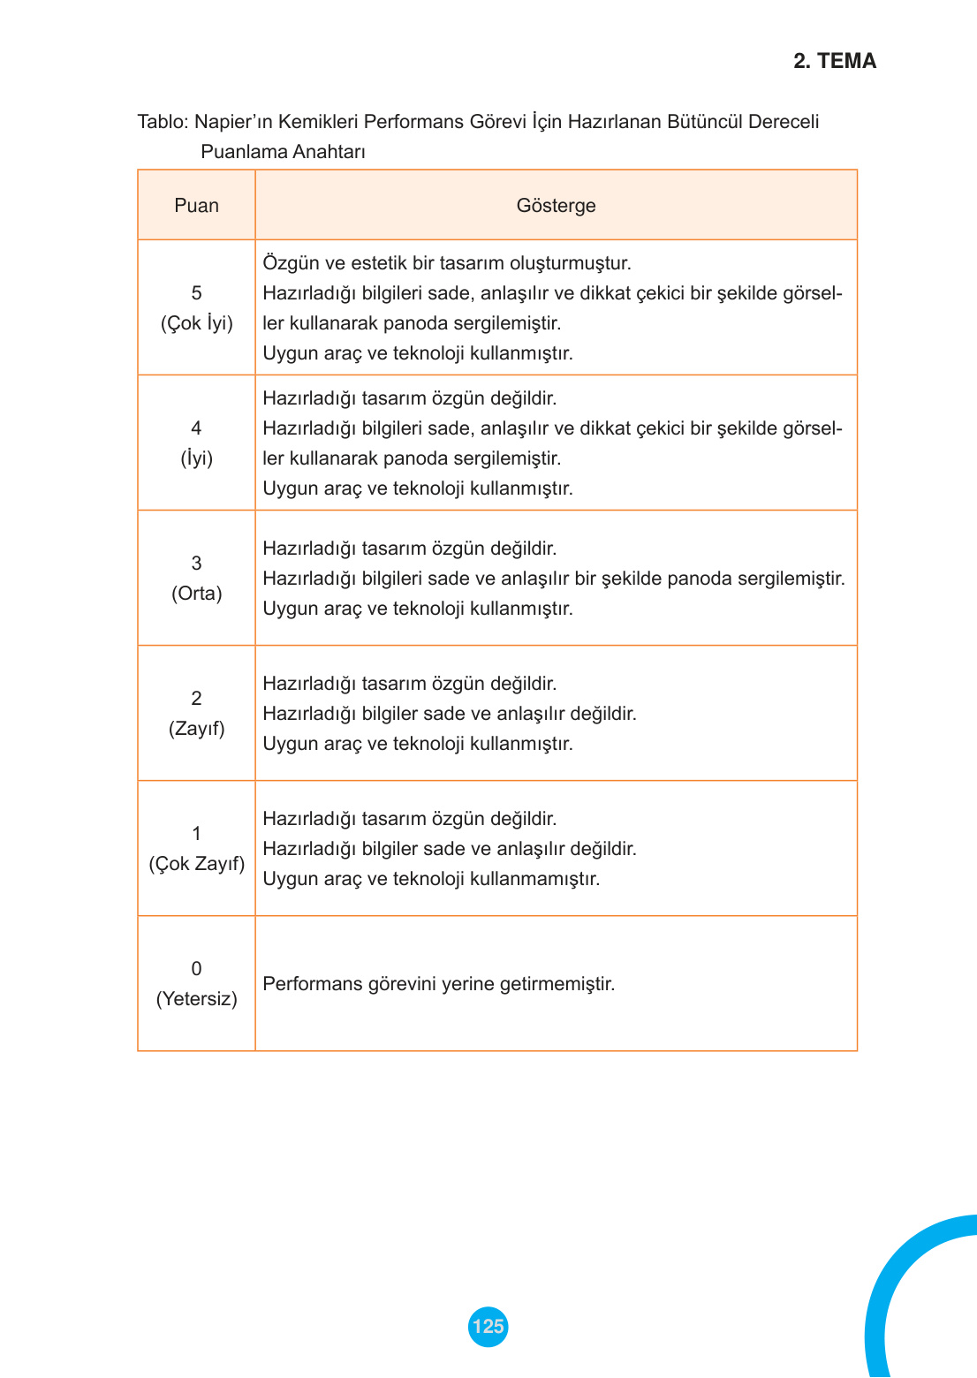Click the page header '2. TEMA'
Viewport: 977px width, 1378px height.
pos(834,61)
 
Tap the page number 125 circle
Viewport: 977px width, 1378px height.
pos(488,1326)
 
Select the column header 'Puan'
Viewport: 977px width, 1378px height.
pos(196,206)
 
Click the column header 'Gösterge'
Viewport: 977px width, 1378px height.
pos(556,206)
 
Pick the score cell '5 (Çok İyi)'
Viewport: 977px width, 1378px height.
pos(196,308)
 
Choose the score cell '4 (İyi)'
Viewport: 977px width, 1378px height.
pos(196,443)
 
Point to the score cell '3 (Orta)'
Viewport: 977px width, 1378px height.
pos(196,579)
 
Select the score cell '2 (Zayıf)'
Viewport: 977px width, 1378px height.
pos(196,714)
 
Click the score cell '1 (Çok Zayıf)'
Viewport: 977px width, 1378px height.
pos(196,849)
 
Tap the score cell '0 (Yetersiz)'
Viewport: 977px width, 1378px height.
pos(196,984)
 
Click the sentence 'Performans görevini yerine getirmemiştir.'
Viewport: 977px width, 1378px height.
pos(438,984)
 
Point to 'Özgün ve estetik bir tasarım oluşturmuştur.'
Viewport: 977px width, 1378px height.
pos(447,263)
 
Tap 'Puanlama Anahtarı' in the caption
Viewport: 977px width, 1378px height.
pos(283,152)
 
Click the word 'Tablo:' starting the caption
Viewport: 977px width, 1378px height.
pos(163,122)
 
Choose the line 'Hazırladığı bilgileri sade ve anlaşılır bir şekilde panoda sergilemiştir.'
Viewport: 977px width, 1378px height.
pos(554,579)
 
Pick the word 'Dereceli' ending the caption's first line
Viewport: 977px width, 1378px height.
pos(784,122)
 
